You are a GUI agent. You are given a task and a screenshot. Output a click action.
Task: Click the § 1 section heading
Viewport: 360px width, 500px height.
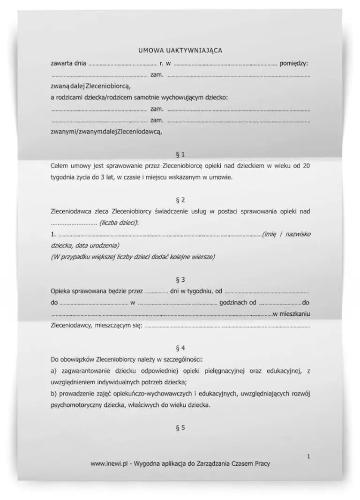180,154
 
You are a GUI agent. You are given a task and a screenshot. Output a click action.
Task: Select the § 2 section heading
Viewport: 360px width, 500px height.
180,201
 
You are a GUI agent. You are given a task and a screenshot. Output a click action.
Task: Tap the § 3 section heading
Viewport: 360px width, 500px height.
180,280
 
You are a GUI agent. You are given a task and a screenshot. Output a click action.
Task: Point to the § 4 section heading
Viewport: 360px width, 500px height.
180,348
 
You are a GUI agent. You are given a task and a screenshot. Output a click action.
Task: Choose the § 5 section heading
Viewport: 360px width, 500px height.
180,427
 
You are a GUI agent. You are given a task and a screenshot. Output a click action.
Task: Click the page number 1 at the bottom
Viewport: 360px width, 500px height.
308,456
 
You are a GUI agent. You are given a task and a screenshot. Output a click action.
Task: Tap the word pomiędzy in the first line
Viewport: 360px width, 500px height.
294,63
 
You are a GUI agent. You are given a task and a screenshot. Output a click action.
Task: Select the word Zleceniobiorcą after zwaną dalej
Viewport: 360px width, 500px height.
110,87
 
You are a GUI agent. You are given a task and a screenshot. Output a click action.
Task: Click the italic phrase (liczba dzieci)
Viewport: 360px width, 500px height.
119,223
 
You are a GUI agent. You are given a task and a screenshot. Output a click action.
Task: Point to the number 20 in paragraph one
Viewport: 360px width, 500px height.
306,166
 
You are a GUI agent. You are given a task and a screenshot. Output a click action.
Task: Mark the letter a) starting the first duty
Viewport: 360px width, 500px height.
53,371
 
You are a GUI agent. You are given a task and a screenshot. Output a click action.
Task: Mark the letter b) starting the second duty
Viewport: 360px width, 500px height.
53,394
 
